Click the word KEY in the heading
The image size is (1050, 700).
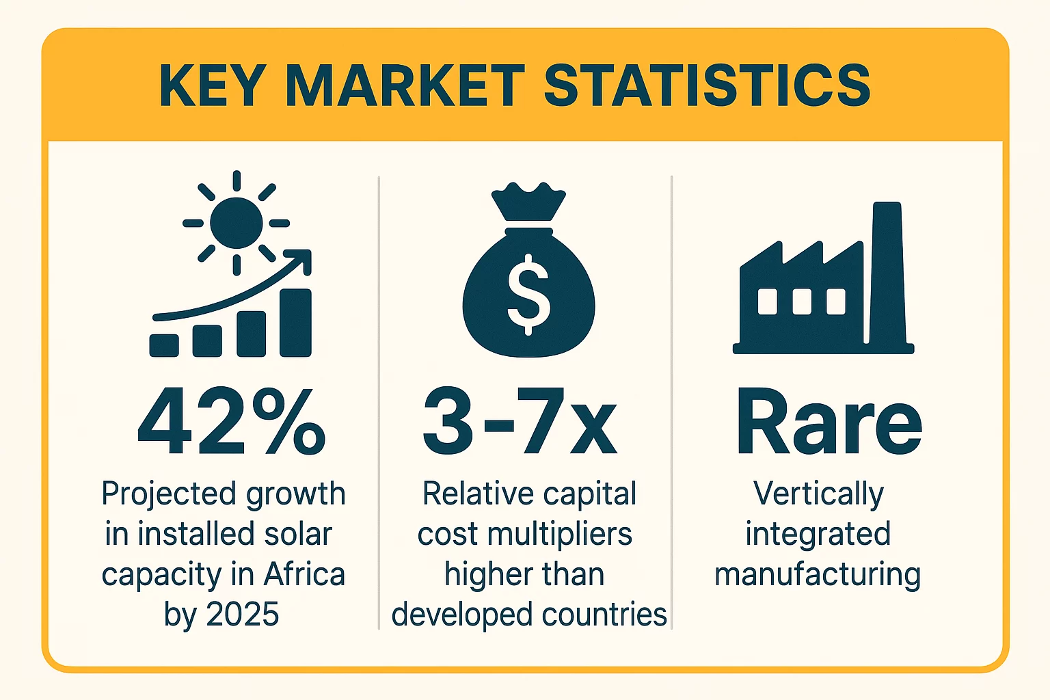pos(212,85)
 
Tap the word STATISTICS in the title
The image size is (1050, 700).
pos(707,85)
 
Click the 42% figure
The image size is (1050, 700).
pos(231,422)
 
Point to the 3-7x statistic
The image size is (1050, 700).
pos(520,422)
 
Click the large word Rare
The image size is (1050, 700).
pos(829,422)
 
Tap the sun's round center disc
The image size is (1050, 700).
pos(236,223)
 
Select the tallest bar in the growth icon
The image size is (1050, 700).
pos(295,323)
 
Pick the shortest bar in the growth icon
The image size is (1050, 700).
pos(164,345)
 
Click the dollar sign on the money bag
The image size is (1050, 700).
pos(528,294)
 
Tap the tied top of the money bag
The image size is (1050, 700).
pos(528,202)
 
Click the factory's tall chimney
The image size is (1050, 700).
pos(887,273)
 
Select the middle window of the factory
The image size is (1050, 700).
pos(802,301)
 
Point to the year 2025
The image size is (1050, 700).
pos(242,615)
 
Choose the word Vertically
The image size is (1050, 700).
pos(818,494)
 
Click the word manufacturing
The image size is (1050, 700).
pos(818,574)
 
